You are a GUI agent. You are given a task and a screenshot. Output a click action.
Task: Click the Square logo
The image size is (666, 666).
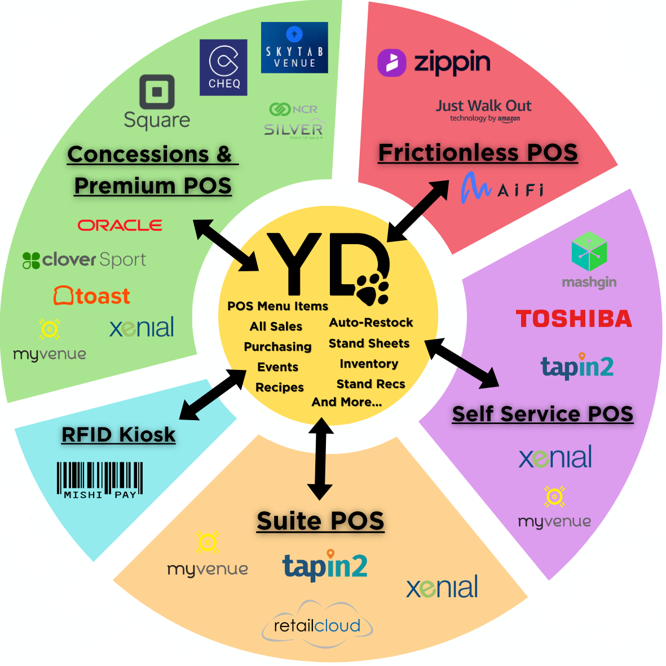157,102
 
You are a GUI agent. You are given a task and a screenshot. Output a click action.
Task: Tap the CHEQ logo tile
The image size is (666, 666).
224,67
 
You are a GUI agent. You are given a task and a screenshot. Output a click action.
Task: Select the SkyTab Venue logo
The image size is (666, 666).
294,48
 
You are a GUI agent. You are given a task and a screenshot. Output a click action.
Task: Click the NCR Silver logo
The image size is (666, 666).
294,121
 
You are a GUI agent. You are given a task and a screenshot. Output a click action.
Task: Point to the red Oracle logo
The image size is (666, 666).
120,226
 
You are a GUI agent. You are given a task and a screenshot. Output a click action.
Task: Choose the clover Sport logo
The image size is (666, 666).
84,260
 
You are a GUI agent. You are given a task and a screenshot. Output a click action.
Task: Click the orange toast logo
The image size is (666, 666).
92,296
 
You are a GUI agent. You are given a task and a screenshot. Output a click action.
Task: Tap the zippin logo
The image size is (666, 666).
434,63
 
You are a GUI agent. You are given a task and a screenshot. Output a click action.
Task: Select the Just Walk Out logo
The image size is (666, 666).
484,109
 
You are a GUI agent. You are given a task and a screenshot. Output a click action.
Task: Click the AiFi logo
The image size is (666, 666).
502,188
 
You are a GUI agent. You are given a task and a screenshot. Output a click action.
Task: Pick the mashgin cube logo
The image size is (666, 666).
589,252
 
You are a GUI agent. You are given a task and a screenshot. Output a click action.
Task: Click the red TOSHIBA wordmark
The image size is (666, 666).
574,319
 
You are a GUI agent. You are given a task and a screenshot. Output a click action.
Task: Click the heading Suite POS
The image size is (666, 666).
320,521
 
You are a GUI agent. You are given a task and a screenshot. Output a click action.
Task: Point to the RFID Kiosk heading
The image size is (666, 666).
118,435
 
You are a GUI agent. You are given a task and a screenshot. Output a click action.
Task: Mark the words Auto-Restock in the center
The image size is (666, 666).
371,323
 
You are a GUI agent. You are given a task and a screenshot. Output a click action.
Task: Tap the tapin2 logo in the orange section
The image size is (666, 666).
325,566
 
